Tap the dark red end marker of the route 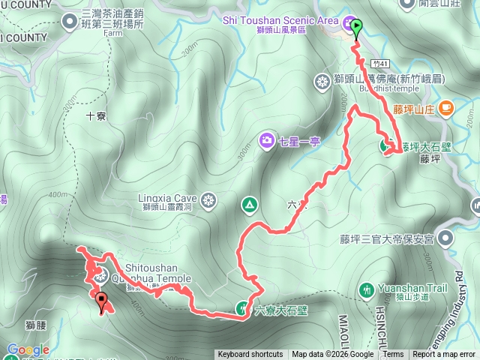point(101,302)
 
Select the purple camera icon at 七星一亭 point(266,139)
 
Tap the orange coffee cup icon point(446,109)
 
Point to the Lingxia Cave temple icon point(208,200)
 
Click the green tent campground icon point(249,204)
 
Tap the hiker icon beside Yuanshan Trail point(366,289)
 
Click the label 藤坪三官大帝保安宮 point(386,239)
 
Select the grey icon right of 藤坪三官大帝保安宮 point(445,239)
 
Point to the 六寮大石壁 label point(282,308)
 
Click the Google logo point(28,350)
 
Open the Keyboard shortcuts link point(250,355)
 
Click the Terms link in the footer point(394,355)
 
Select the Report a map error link point(444,355)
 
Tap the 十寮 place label point(95,116)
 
